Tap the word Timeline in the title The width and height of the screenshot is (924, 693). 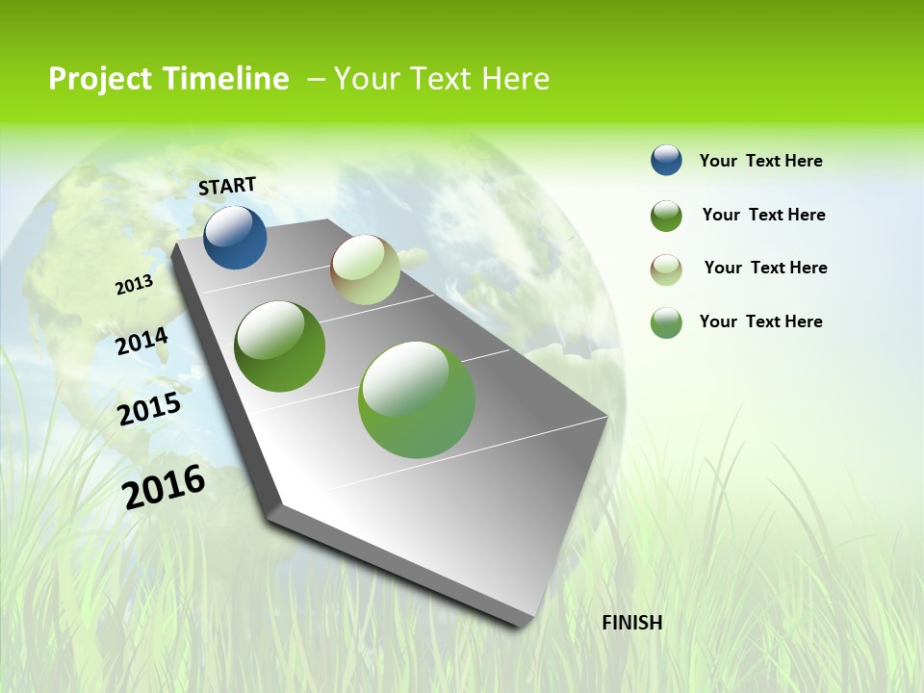coord(226,79)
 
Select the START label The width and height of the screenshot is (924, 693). coord(227,186)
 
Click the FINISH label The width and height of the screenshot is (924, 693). coord(631,623)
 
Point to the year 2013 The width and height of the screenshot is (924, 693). coord(134,285)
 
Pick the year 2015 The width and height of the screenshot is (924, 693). coord(149,408)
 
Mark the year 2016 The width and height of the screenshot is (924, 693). coord(164,486)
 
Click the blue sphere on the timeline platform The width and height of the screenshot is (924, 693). coord(235,237)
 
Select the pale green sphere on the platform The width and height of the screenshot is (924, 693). coord(365,269)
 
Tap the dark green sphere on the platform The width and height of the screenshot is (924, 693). coord(279,346)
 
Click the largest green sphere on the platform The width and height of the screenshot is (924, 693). coord(417,399)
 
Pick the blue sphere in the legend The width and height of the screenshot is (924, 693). coord(666,160)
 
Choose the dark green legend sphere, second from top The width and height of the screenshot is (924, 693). coord(666,215)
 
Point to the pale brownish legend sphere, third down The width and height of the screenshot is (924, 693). coord(666,269)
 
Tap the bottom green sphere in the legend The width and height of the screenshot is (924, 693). coord(666,322)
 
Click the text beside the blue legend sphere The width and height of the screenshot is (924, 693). coord(760,161)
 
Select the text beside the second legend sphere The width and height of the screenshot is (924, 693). coord(763,215)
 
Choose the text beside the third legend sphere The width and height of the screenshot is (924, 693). coord(765,268)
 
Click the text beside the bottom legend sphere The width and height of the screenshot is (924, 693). coord(760,321)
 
